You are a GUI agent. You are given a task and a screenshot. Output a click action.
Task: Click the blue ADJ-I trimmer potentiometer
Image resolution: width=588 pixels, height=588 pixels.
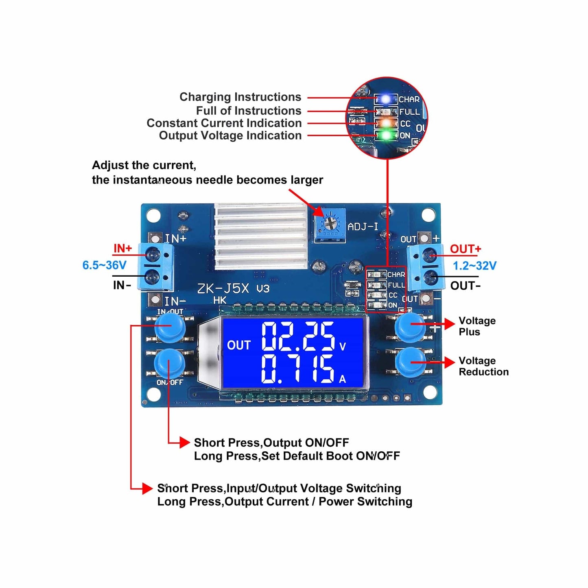click(330, 225)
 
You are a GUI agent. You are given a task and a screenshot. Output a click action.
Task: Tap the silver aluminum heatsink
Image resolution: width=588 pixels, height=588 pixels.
click(260, 236)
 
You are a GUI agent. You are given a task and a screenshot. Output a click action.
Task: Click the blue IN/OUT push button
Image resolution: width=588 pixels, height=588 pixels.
click(170, 328)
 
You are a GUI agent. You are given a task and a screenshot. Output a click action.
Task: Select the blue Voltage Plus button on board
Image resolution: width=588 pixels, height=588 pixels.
click(410, 326)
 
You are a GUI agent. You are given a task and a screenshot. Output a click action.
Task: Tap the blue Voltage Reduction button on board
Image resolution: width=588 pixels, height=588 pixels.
click(410, 362)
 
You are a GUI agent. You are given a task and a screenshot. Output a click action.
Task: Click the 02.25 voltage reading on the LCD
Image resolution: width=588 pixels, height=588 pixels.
click(298, 336)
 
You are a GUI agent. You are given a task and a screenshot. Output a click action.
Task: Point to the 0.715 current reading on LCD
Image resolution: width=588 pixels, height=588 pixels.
click(298, 369)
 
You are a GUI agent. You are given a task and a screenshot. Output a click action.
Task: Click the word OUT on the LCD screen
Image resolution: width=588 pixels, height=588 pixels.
click(238, 345)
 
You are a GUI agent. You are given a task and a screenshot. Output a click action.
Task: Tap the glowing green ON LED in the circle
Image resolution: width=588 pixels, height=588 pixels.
click(385, 135)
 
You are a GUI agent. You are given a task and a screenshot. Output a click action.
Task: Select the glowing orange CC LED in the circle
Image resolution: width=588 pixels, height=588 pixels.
click(385, 123)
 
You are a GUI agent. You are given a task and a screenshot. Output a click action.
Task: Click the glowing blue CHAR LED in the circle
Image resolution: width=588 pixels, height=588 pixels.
click(385, 99)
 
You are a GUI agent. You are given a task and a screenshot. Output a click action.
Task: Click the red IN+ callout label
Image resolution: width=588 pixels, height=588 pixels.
click(122, 248)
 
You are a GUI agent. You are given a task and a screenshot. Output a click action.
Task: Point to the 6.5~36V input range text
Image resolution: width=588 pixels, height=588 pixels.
click(105, 265)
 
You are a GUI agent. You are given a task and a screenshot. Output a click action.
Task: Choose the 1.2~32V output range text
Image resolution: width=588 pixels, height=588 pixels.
click(474, 266)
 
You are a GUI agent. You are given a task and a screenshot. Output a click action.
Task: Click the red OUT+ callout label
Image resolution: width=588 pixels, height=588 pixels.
click(466, 249)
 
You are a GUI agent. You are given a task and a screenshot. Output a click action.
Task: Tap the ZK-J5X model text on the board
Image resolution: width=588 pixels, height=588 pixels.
click(223, 289)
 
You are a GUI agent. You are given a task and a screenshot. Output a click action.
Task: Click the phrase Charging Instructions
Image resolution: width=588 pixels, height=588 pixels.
click(240, 97)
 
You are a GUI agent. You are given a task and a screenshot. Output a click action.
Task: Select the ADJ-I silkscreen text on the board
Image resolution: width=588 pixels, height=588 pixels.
click(363, 226)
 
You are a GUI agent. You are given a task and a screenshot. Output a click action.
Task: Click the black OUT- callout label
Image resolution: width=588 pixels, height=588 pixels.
click(466, 286)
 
